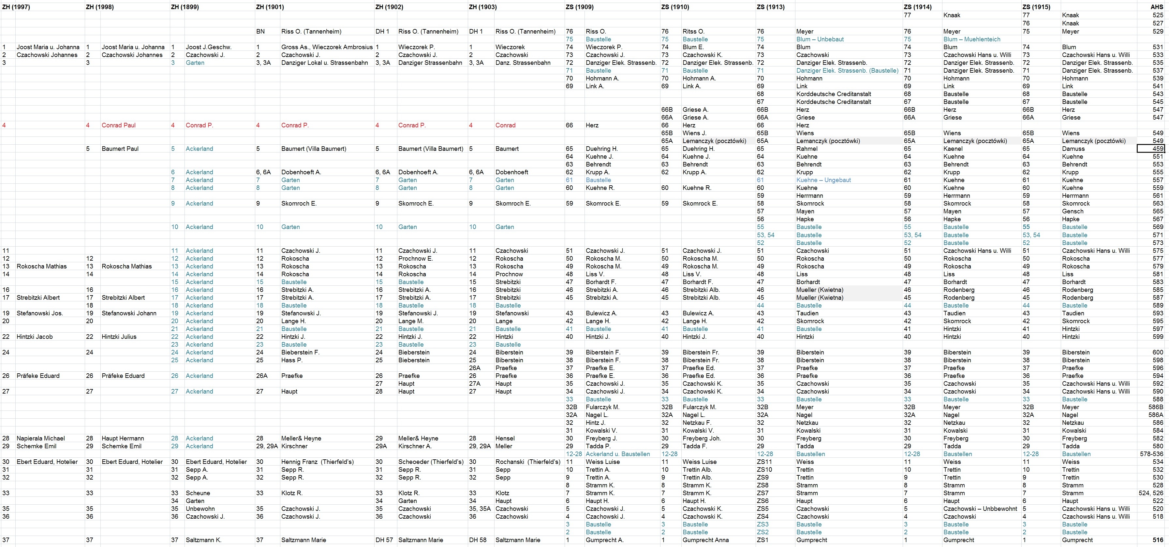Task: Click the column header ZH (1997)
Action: (x=16, y=7)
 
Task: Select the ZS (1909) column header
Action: (x=580, y=7)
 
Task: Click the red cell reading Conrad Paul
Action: (x=118, y=125)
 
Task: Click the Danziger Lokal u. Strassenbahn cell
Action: (x=324, y=63)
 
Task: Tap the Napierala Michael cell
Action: (x=41, y=438)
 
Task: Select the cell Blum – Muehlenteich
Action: (x=971, y=39)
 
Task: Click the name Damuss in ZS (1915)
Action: (x=1073, y=149)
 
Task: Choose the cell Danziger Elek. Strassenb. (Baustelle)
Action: (x=847, y=71)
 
